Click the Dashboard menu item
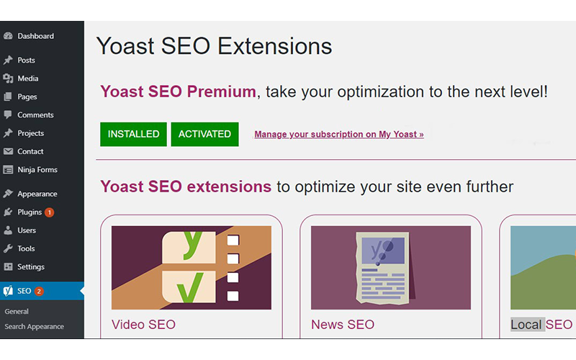tap(35, 36)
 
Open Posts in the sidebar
tap(26, 60)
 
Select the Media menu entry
tap(28, 78)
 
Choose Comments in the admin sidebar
tap(35, 115)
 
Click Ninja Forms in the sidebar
tap(37, 170)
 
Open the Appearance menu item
tap(37, 194)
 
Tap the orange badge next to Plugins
tap(49, 212)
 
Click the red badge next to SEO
tap(39, 292)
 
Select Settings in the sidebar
tap(31, 267)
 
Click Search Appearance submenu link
tap(34, 327)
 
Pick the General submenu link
tap(17, 312)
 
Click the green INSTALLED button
tap(133, 134)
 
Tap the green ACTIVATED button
tap(204, 134)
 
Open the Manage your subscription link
tap(338, 135)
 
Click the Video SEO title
tap(143, 325)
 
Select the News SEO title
tap(343, 325)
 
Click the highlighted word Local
tap(526, 325)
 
